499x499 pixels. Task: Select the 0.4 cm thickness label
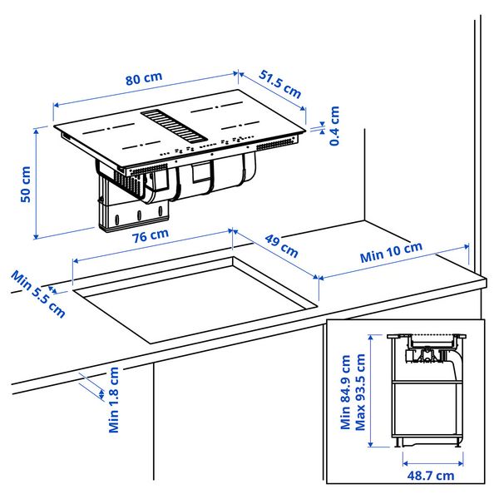click(334, 126)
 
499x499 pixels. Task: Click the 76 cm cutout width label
click(150, 235)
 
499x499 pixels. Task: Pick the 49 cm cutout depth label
click(281, 245)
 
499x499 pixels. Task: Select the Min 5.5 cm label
click(38, 292)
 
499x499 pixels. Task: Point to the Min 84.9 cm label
click(346, 392)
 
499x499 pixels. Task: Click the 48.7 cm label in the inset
click(431, 475)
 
